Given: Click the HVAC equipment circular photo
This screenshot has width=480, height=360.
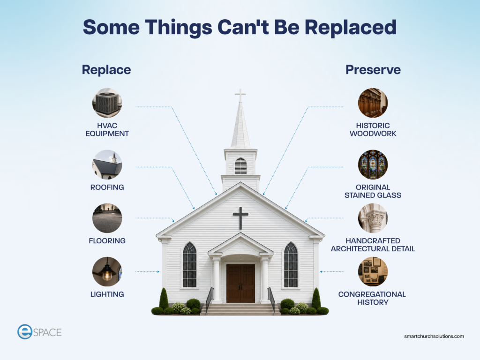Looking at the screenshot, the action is click(x=107, y=103).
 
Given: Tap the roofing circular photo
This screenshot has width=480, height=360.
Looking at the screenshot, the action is click(x=107, y=165).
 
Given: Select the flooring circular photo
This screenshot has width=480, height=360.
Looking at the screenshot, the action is click(x=107, y=218).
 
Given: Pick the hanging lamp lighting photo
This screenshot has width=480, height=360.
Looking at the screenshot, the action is click(x=107, y=271).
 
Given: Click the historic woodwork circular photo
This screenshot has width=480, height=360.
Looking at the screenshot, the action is click(x=373, y=103).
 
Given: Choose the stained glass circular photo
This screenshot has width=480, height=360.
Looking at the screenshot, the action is click(x=373, y=165).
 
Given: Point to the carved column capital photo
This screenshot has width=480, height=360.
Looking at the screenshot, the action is click(x=373, y=218).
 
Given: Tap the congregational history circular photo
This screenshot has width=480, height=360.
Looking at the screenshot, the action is click(x=373, y=271).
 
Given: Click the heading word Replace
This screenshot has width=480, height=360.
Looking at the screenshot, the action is click(x=106, y=70).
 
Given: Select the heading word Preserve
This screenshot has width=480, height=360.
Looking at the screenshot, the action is click(x=373, y=70).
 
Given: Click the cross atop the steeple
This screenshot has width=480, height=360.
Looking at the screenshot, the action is click(x=240, y=95).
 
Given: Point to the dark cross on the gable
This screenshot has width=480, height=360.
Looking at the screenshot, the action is click(x=240, y=218).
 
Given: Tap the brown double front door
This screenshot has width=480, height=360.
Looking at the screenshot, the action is click(x=240, y=283).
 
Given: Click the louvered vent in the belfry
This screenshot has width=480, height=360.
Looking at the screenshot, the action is click(x=240, y=166).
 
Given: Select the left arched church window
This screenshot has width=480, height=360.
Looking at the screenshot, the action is click(x=190, y=265).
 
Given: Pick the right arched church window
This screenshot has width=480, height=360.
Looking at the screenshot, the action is click(x=291, y=265).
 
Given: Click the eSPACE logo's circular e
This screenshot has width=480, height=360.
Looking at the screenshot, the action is click(x=25, y=332).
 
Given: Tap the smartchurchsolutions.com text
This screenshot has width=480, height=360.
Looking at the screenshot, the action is click(x=434, y=336).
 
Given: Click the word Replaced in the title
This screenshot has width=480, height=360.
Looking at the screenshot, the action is click(x=351, y=27).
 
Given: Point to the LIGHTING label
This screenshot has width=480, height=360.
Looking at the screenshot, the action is click(x=107, y=294).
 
